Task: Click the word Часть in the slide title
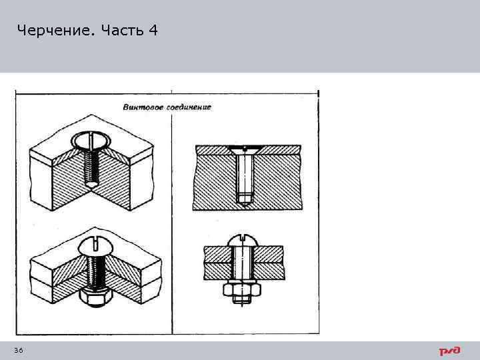[123, 31]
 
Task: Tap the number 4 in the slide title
[154, 31]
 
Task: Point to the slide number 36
[18, 351]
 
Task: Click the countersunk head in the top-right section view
[245, 149]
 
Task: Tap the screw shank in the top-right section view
[245, 173]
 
